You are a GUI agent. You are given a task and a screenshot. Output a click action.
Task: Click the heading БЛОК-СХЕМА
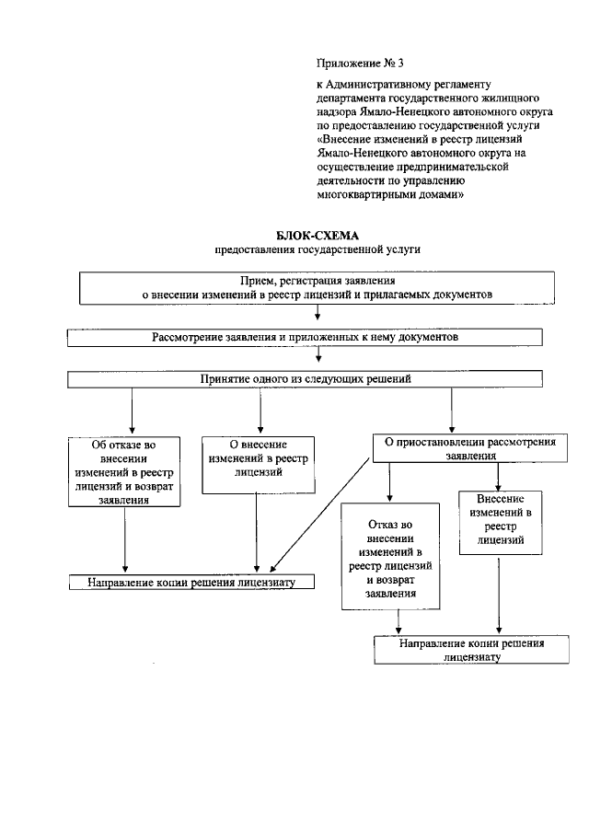(x=309, y=236)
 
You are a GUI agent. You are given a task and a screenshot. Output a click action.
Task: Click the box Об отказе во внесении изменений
(x=124, y=472)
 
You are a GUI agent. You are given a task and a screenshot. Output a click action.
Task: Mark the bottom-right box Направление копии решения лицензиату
(x=471, y=650)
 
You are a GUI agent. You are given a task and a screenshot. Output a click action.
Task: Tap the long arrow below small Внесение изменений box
(x=498, y=589)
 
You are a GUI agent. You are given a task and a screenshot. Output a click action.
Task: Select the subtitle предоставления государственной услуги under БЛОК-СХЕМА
(x=309, y=249)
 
